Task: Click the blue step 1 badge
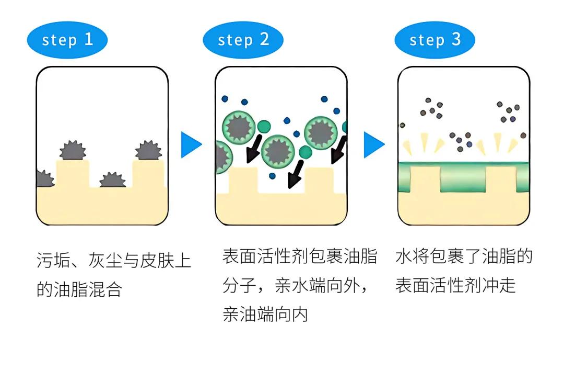(67, 40)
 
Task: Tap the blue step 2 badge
(243, 40)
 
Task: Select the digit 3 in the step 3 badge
(456, 40)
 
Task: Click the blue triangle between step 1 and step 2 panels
(191, 145)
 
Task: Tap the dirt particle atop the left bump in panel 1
(72, 150)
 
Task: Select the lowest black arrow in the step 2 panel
(296, 175)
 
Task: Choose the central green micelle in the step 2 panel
(278, 150)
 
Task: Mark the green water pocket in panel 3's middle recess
(463, 181)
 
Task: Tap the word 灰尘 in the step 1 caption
(105, 260)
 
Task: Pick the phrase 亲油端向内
(265, 314)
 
